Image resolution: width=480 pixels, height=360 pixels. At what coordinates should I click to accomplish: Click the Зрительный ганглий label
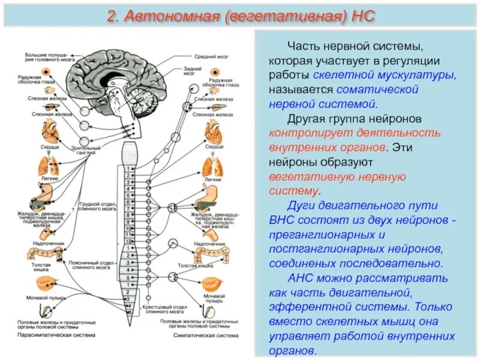coord(81,151)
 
